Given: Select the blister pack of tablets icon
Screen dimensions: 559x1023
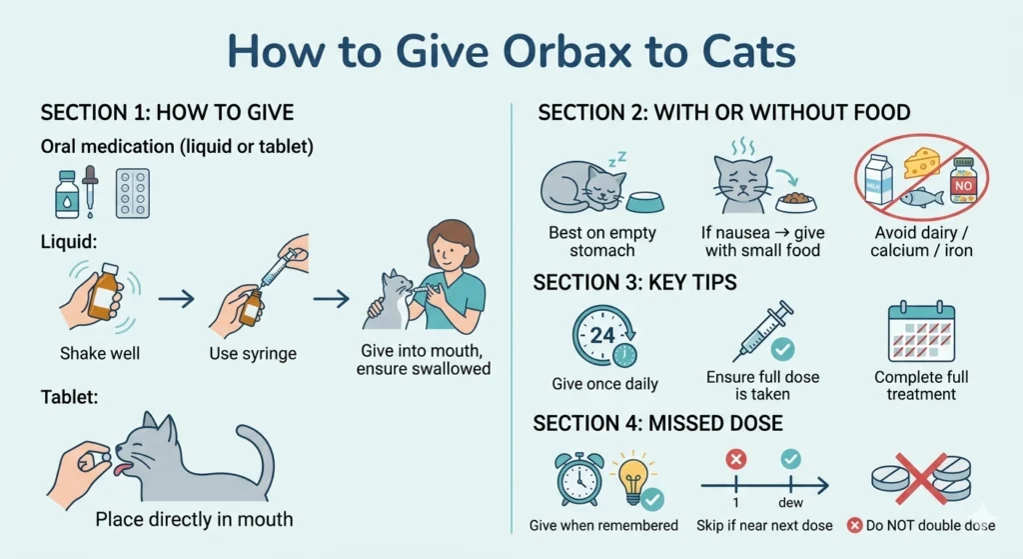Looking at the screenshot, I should click(x=132, y=193).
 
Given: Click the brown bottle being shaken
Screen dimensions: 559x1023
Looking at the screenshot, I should click(x=103, y=292).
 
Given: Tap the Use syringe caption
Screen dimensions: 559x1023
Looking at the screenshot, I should click(x=252, y=353).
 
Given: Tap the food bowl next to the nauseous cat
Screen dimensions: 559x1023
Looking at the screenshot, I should click(x=795, y=201).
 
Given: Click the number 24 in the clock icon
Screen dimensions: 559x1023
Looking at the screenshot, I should click(x=601, y=335).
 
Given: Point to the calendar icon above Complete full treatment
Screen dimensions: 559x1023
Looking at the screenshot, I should click(x=921, y=334).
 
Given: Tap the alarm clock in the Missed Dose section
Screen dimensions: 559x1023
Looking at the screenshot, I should click(x=579, y=479).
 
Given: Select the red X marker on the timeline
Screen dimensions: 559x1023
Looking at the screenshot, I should click(x=736, y=459).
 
